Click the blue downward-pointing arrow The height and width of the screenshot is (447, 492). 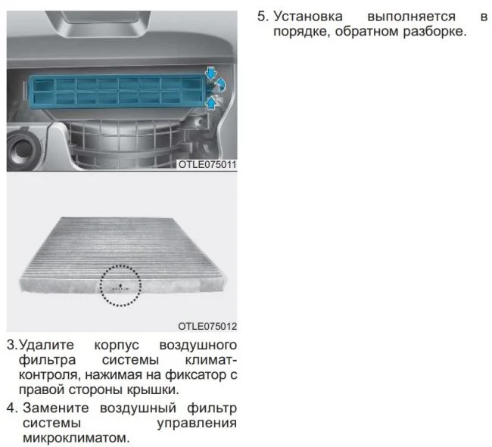(211, 73)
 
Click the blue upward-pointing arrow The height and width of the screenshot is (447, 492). (212, 103)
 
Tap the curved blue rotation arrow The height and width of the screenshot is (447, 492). (221, 85)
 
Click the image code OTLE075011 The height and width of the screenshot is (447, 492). (207, 165)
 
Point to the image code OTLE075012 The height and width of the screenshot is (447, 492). (207, 326)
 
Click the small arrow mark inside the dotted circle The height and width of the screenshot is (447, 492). (120, 287)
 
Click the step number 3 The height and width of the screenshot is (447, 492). (12, 345)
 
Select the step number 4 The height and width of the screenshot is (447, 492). (12, 408)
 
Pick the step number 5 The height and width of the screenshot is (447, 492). (263, 17)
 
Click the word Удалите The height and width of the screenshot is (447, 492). (46, 345)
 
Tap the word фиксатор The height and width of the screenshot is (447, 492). (196, 375)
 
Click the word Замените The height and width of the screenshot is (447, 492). (56, 408)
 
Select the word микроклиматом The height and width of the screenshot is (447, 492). (76, 438)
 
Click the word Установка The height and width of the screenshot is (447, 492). (308, 17)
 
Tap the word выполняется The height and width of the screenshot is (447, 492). (411, 17)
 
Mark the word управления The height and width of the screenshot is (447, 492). (197, 424)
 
